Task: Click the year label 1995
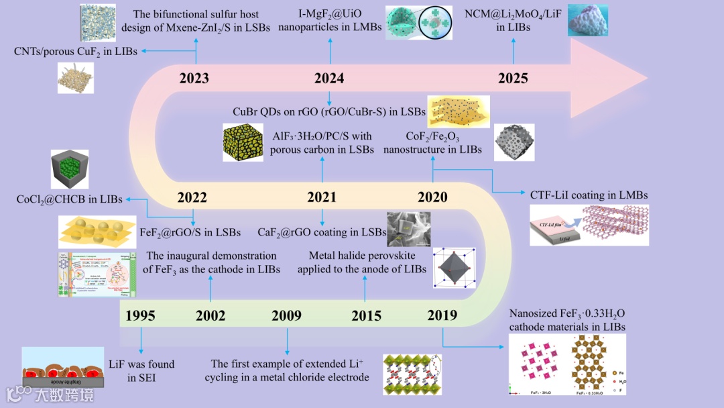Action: [x=140, y=315]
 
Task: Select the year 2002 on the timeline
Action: [x=210, y=315]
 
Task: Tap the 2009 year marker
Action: [x=287, y=315]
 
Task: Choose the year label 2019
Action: [x=442, y=315]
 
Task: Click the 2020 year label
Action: [x=432, y=197]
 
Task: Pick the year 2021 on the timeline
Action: [x=322, y=197]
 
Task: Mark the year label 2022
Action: [x=192, y=197]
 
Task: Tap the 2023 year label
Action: [x=194, y=79]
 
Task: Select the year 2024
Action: [x=329, y=79]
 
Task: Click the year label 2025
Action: [x=513, y=79]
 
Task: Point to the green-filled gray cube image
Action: [x=70, y=170]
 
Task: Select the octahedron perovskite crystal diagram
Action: [x=455, y=267]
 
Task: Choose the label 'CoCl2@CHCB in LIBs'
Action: [x=70, y=199]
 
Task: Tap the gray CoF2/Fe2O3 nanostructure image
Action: [x=514, y=141]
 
